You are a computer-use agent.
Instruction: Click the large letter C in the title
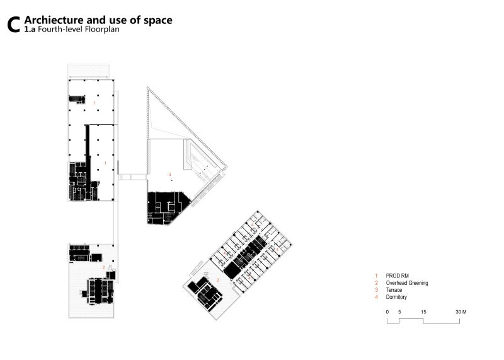pos(13,25)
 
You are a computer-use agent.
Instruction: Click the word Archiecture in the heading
pos(54,20)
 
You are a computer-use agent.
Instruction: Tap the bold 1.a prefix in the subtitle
pos(30,30)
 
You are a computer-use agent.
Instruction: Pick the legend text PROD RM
pos(398,276)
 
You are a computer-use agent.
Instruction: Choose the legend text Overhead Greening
pos(407,283)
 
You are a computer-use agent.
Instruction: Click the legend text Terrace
pos(394,290)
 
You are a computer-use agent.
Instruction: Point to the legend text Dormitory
pos(396,297)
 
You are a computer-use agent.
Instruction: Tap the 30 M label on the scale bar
pos(461,311)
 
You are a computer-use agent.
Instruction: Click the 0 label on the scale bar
pos(387,311)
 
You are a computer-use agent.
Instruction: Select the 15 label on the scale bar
pos(423,311)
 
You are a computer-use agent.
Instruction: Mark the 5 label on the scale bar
pos(399,311)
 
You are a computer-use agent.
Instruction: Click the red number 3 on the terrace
pos(170,175)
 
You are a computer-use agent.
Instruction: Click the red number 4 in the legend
pos(376,297)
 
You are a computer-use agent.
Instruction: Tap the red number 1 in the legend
pos(376,276)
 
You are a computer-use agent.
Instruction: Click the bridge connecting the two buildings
pos(133,177)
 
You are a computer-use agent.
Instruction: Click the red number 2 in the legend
pos(376,283)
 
